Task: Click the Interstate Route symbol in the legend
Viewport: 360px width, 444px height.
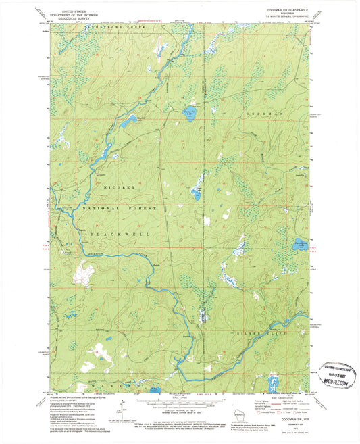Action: (262, 414)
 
